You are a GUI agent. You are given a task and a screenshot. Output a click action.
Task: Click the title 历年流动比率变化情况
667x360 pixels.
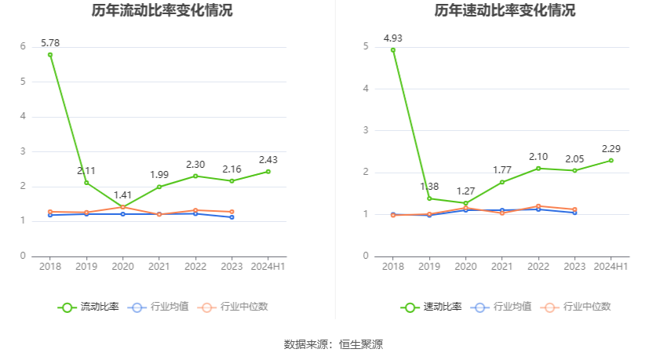(162, 11)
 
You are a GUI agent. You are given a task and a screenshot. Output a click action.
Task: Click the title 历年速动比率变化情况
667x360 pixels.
(505, 11)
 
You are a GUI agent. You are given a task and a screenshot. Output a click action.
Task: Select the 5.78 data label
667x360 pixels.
(50, 42)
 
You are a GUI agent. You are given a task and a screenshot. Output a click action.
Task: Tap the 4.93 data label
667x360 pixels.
(393, 38)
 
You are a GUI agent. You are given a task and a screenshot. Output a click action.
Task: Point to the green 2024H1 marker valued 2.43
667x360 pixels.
(268, 172)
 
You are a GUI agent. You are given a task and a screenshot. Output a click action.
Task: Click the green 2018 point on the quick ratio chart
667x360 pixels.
(393, 50)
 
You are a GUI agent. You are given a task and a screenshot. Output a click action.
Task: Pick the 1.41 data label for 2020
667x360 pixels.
(123, 195)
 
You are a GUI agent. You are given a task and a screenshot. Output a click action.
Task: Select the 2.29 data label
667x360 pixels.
(611, 148)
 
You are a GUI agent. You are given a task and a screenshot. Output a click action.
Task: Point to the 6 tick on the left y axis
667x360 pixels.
(24, 46)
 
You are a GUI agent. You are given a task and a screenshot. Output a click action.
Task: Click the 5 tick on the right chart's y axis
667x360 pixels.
(366, 47)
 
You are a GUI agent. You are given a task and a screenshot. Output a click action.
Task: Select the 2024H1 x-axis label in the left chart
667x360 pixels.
(268, 267)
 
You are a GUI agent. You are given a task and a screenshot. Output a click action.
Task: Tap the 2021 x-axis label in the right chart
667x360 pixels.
(502, 267)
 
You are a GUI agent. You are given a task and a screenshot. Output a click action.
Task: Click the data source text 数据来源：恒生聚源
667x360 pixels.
(333, 344)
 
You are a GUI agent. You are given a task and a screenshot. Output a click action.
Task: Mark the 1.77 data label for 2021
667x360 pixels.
(502, 169)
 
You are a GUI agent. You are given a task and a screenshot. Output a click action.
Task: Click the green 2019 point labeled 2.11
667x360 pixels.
(86, 183)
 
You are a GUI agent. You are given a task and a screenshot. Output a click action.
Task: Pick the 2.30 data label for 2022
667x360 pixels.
(195, 164)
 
